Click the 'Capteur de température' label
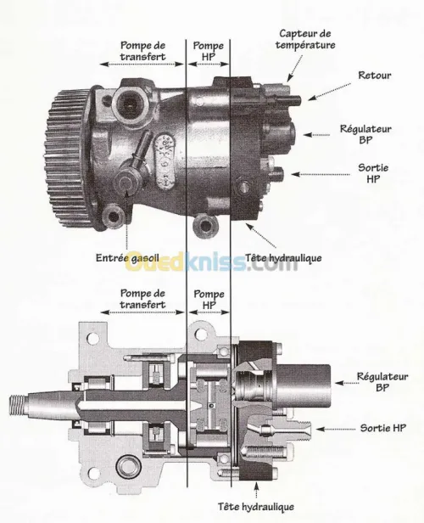click(305, 39)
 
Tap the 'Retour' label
click(374, 76)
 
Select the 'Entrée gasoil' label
click(127, 258)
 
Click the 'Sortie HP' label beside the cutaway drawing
click(383, 428)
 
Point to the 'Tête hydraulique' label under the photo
click(283, 258)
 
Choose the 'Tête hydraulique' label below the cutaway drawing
click(256, 507)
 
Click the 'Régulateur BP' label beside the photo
click(365, 134)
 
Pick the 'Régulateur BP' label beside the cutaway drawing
click(382, 382)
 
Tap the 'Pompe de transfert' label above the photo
click(142, 51)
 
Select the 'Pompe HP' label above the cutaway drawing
click(209, 299)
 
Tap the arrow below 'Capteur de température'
click(295, 68)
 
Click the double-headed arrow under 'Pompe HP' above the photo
click(208, 64)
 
